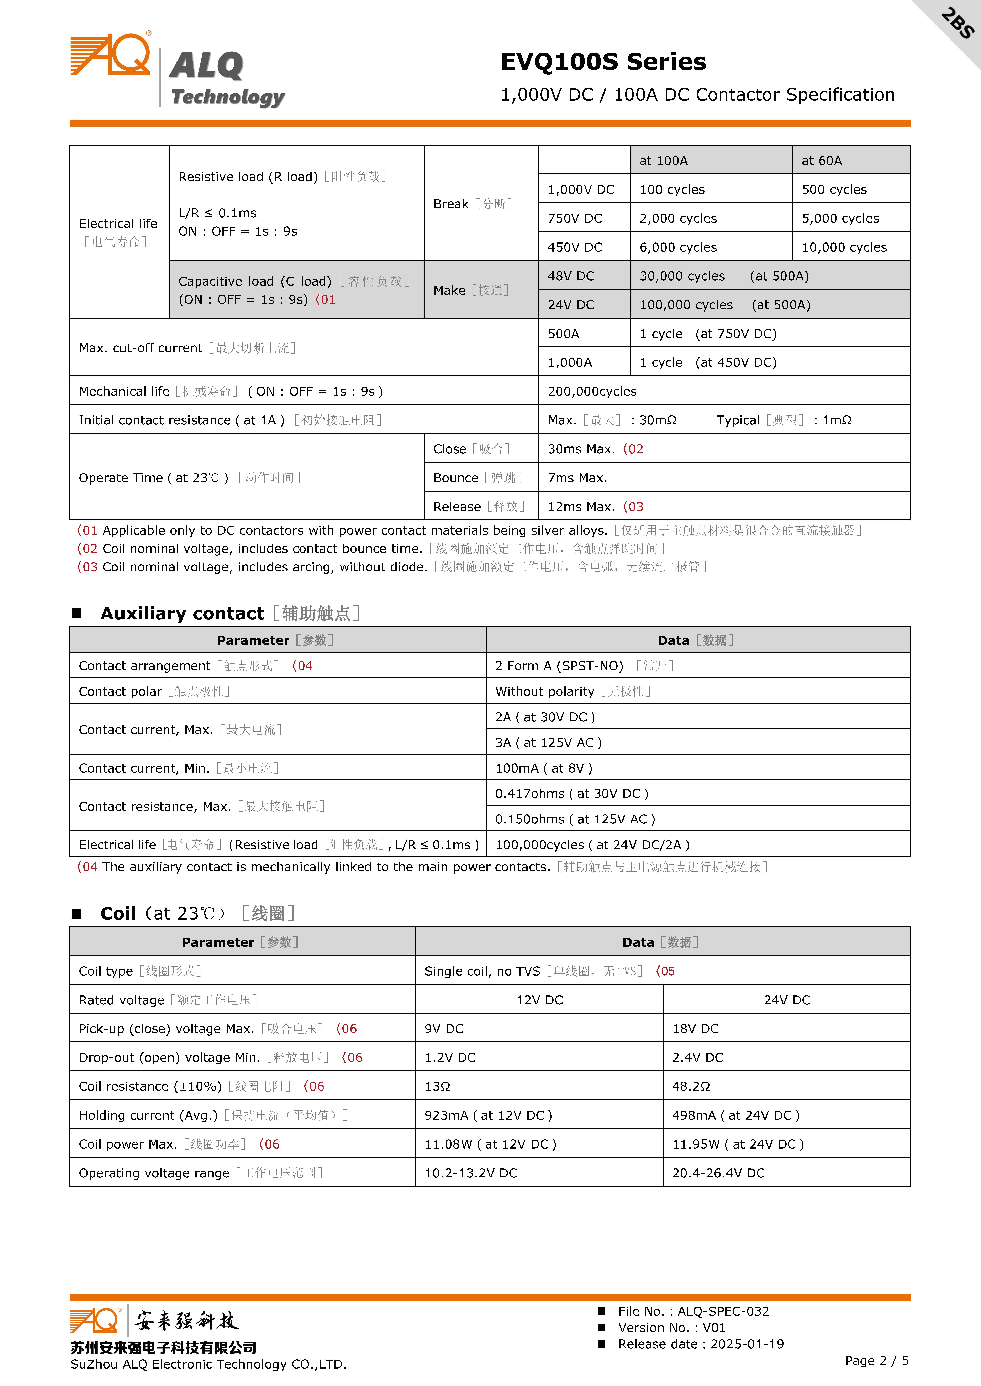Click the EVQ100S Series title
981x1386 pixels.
[x=603, y=62]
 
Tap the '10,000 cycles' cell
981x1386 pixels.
[x=844, y=247]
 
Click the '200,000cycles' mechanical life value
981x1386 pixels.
[x=592, y=392]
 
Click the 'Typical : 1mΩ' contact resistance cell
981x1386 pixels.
[x=784, y=420]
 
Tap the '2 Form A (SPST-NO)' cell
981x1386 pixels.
[x=559, y=666]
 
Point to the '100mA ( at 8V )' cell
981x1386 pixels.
[x=544, y=768]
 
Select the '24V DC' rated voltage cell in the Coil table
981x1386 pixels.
[x=786, y=1000]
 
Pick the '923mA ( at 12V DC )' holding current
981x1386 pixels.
[x=488, y=1115]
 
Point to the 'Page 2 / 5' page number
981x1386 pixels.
[x=876, y=1361]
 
